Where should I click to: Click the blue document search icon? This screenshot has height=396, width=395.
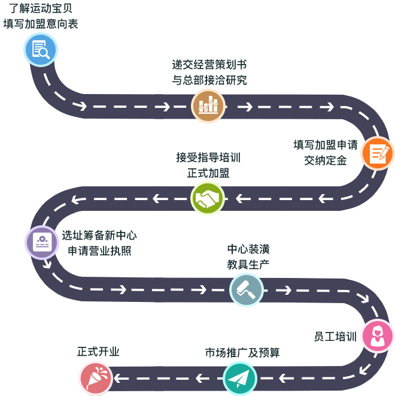click(x=41, y=49)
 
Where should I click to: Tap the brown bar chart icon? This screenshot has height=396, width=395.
click(x=208, y=106)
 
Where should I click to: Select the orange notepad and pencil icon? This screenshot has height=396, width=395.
click(x=377, y=153)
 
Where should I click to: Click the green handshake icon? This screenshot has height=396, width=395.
click(x=208, y=198)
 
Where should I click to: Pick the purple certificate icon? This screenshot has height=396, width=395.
click(x=42, y=242)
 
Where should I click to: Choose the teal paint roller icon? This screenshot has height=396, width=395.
click(x=247, y=290)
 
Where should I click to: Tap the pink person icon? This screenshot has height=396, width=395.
click(x=378, y=335)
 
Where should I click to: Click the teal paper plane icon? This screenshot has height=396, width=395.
click(x=240, y=378)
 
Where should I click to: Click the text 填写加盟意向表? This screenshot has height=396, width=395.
click(x=41, y=25)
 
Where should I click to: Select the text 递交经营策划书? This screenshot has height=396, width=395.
click(x=209, y=65)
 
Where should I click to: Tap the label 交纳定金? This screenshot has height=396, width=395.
click(x=326, y=161)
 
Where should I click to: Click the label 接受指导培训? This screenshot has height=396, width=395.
click(x=208, y=157)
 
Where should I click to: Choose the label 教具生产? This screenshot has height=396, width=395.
click(x=248, y=264)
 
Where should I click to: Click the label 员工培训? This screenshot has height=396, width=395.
click(x=335, y=337)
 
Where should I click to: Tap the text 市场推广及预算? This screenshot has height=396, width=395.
click(x=242, y=353)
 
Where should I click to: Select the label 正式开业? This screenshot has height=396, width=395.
click(x=98, y=352)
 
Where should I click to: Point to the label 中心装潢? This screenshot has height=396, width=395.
click(x=248, y=249)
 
